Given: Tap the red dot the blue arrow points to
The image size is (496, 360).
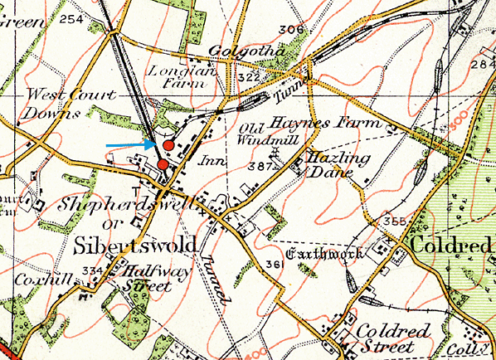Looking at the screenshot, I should coord(168,145).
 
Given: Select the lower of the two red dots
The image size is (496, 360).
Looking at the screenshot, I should coord(163,164).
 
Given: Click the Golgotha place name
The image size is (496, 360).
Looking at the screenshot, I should coord(246,51).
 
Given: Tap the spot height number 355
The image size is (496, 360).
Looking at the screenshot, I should coord(394,221).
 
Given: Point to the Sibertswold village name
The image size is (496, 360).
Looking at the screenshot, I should coord(135,246).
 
